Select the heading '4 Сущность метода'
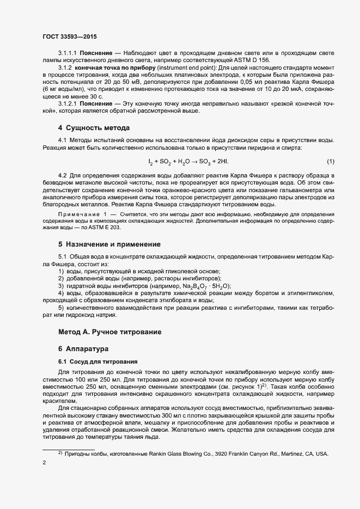[x=94, y=128]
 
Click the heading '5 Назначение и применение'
[x=109, y=244]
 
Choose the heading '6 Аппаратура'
[x=84, y=348]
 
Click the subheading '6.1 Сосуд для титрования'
[x=98, y=361]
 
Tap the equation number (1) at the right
[x=331, y=162]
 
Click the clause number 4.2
[x=62, y=175]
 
